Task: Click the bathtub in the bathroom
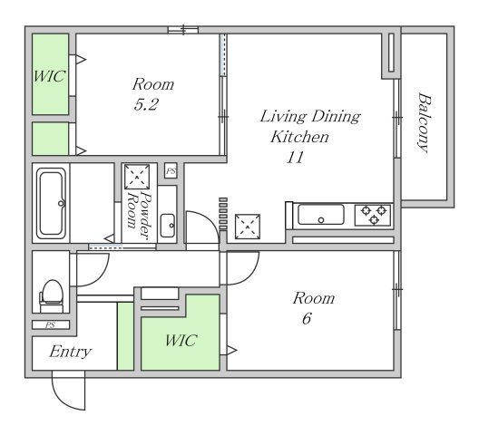pyautogui.click(x=51, y=203)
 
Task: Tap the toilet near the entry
pyautogui.click(x=52, y=296)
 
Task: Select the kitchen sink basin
pyautogui.click(x=321, y=215)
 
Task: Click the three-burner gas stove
pyautogui.click(x=373, y=215)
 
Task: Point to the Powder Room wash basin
pyautogui.click(x=168, y=226)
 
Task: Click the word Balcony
pyautogui.click(x=424, y=122)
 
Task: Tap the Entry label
pyautogui.click(x=70, y=352)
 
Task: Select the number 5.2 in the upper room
pyautogui.click(x=146, y=105)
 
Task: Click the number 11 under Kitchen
pyautogui.click(x=295, y=158)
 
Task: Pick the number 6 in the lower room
pyautogui.click(x=307, y=319)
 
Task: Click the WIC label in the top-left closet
pyautogui.click(x=49, y=76)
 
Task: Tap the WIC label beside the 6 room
pyautogui.click(x=181, y=341)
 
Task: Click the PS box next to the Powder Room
pyautogui.click(x=171, y=171)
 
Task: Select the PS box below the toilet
pyautogui.click(x=51, y=324)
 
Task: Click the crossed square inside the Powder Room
pyautogui.click(x=137, y=177)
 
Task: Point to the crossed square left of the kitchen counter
pyautogui.click(x=248, y=227)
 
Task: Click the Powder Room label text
pyautogui.click(x=139, y=214)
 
